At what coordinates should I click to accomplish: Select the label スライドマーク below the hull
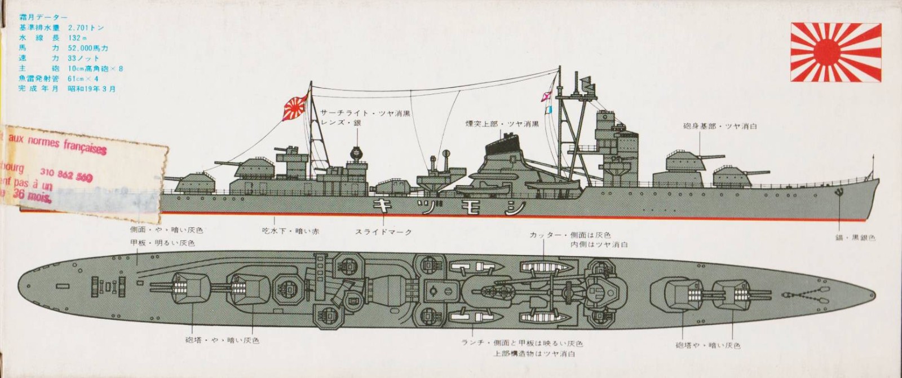[383, 232]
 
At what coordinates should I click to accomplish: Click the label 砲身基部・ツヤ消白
[720, 126]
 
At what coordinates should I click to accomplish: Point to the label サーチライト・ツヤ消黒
[365, 113]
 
